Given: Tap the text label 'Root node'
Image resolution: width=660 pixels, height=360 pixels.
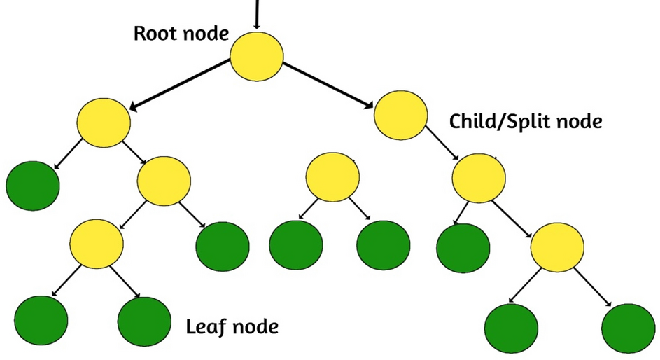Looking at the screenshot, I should (181, 33).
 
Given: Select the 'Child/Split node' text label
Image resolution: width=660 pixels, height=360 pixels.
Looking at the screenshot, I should (525, 121).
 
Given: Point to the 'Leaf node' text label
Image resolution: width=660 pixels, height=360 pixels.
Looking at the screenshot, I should (232, 326).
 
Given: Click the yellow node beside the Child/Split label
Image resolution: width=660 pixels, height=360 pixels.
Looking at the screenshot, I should (400, 115).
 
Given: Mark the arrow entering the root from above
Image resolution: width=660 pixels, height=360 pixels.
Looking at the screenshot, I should (257, 14).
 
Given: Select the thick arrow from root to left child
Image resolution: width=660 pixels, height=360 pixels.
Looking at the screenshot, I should (181, 84).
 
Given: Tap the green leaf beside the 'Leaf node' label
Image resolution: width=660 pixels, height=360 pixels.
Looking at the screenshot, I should (144, 321).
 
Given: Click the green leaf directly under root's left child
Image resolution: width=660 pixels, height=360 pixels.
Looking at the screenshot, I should (32, 186).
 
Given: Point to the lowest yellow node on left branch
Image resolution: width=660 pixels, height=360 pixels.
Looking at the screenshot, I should (97, 242).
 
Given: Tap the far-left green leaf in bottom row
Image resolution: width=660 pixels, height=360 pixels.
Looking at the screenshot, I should (41, 320).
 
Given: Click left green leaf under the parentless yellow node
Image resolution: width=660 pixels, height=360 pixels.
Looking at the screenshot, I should (296, 246).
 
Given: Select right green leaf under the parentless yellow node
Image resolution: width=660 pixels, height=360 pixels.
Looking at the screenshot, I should (383, 246).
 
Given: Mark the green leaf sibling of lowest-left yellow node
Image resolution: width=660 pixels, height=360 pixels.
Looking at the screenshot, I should (223, 247).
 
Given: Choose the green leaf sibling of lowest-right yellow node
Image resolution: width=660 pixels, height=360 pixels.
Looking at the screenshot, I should (462, 247).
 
